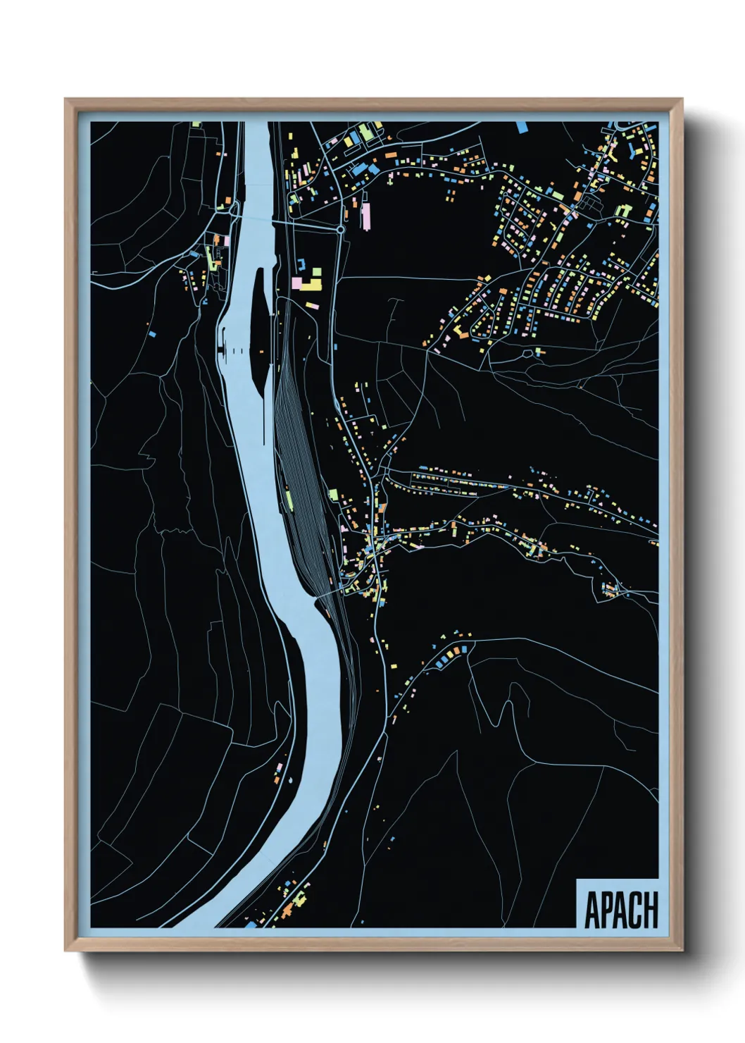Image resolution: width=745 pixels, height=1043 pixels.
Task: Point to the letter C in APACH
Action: tap(637, 910)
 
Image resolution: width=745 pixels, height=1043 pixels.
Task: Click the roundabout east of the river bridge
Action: tap(341, 230)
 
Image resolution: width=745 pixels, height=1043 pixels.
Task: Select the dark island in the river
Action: tap(258, 331)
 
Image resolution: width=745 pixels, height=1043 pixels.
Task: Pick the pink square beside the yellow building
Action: tap(297, 283)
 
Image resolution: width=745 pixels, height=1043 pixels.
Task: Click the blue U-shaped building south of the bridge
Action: tap(301, 264)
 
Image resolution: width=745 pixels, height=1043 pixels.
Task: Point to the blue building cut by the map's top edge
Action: tap(522, 127)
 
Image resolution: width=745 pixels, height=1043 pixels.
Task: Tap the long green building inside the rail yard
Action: tap(289, 500)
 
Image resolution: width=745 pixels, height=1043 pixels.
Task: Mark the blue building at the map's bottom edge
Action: tap(251, 924)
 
